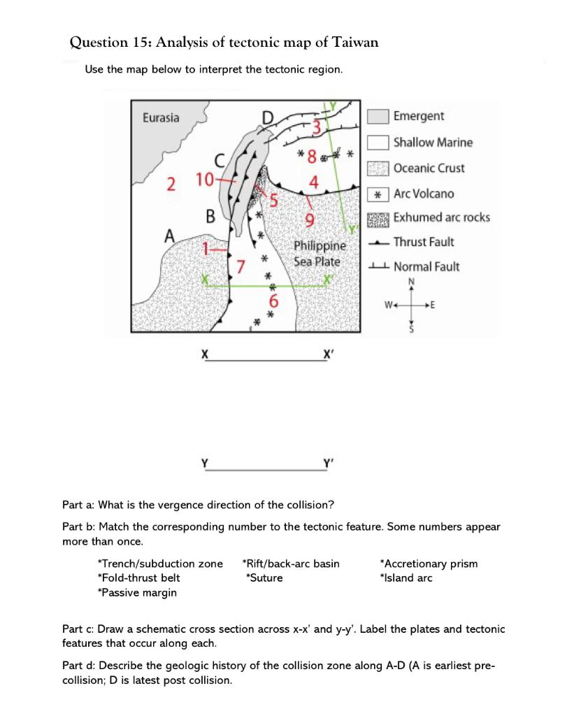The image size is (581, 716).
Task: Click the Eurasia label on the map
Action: pos(161,117)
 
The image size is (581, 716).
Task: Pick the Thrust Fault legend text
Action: pos(424,242)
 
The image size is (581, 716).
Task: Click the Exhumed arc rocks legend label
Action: pos(441,217)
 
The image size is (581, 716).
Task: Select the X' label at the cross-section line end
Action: pos(328,355)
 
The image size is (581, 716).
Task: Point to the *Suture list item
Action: pos(264,578)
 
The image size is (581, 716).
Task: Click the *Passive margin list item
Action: pos(137,592)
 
